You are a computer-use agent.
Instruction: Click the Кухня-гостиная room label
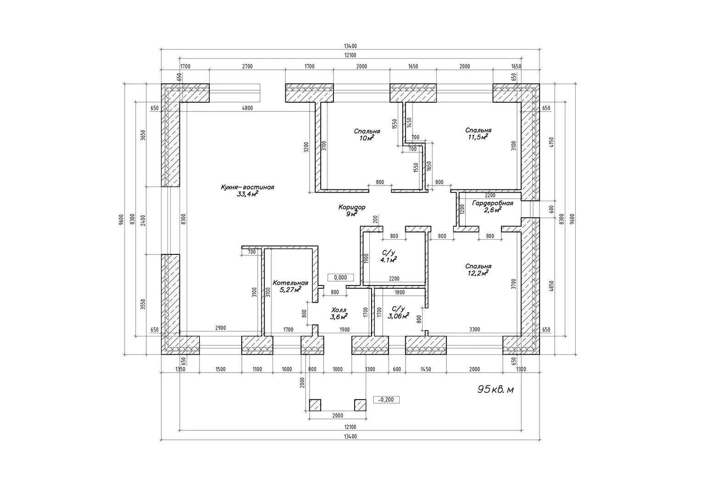tap(247, 187)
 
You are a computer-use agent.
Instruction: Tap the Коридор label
tap(352, 207)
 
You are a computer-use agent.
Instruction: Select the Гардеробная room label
tap(493, 203)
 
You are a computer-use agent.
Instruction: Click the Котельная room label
tap(290, 283)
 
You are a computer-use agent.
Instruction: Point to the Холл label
tap(339, 310)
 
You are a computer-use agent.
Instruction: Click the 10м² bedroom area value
tap(367, 138)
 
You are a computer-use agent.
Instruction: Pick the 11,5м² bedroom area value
tap(478, 137)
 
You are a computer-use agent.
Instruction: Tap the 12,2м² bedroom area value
tap(478, 273)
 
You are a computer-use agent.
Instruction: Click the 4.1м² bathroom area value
tap(389, 259)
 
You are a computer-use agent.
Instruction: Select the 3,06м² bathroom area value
tap(398, 316)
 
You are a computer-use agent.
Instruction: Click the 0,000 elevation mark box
tap(340, 277)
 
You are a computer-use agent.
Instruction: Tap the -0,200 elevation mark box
tap(386, 400)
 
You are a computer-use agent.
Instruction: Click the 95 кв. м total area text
tap(495, 389)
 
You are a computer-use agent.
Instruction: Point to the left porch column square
tap(315, 405)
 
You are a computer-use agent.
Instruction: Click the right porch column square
tap(360, 405)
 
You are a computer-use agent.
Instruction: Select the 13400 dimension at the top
tap(350, 46)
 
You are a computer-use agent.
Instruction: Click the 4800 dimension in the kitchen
tap(247, 108)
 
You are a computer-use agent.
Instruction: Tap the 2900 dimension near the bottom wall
tap(220, 328)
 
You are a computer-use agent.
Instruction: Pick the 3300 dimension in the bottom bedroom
tap(474, 329)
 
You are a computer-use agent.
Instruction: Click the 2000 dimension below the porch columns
tap(338, 416)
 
